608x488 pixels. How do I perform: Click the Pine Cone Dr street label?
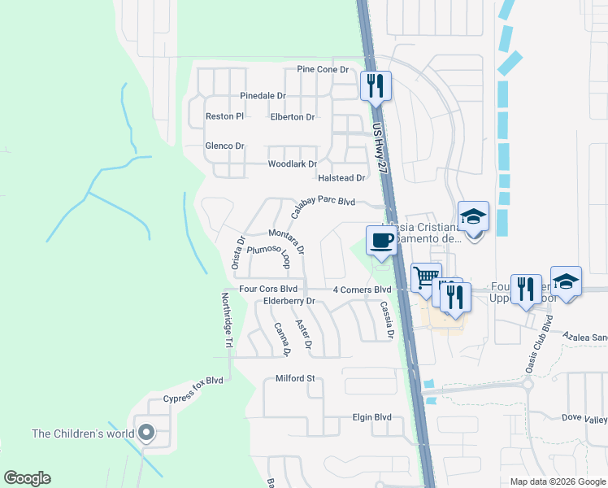coord(322,70)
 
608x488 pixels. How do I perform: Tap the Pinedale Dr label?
coord(263,96)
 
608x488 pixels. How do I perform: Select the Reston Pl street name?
coord(224,116)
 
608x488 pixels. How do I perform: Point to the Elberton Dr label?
coord(292,117)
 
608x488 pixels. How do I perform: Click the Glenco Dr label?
coord(224,146)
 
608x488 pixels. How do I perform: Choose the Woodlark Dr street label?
coord(292,164)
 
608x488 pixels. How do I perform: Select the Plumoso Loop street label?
coord(269,256)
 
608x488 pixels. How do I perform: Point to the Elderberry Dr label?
coord(289,302)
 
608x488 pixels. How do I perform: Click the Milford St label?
coord(294,379)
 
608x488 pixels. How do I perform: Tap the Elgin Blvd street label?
coord(371,417)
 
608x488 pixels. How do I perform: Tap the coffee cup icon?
coord(381,241)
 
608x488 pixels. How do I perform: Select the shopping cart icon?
coord(425,278)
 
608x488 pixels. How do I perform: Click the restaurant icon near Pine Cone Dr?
coord(376,85)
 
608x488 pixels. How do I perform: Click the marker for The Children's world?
coord(146,433)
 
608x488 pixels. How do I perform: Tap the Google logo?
coord(27,478)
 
